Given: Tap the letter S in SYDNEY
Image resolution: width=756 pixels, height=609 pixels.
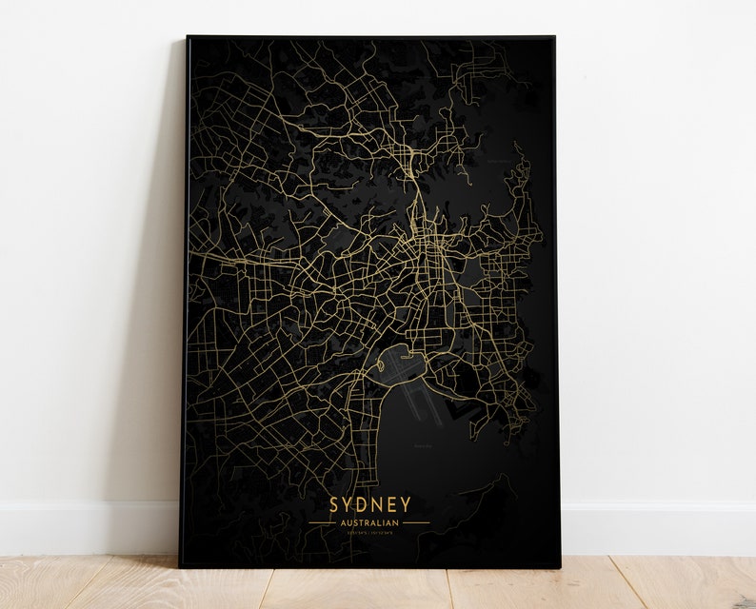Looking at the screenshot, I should [334, 502].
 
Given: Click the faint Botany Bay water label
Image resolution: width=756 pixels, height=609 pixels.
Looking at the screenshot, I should [422, 444].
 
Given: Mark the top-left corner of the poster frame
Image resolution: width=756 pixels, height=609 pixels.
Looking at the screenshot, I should [188, 37].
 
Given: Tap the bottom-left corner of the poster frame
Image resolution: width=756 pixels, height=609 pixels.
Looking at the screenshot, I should [181, 568].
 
